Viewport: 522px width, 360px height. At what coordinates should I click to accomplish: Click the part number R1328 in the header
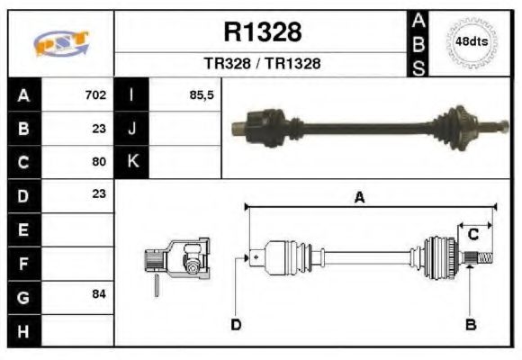(x=261, y=32)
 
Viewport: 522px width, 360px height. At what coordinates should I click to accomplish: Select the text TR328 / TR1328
(x=261, y=65)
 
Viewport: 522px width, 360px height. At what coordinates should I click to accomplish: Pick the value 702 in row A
(x=95, y=94)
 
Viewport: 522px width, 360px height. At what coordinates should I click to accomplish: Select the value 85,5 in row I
(x=202, y=94)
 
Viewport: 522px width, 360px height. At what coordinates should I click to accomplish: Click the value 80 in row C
(x=99, y=162)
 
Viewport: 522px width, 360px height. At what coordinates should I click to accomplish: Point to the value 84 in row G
(x=99, y=294)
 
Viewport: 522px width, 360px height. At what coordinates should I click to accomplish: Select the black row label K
(x=132, y=162)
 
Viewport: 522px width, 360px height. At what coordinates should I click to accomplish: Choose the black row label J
(x=132, y=128)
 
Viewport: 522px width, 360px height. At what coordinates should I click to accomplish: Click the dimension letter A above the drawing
(x=359, y=199)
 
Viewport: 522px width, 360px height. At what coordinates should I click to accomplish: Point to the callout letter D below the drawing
(x=236, y=325)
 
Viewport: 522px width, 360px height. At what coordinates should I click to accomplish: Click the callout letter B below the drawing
(x=470, y=325)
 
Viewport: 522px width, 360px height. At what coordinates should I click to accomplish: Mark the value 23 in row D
(x=99, y=193)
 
